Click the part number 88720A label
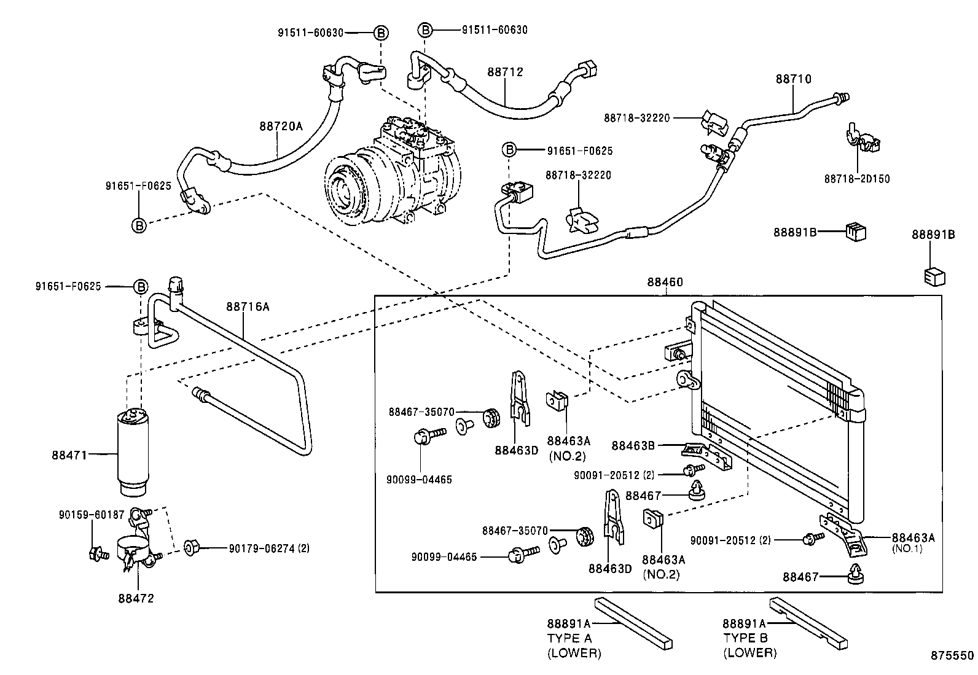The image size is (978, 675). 281,126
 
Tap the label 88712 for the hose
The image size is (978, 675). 505,72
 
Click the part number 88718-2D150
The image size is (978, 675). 856,179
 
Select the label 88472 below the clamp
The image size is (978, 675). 136,598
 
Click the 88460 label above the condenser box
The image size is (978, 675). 664,283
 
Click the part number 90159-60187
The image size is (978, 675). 92,515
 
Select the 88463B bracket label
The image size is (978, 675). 633,446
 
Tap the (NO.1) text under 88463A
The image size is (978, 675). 907,549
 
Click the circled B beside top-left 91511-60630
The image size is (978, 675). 380,33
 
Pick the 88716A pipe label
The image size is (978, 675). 248,306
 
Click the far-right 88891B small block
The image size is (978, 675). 933,277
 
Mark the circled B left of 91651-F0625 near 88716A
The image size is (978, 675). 141,287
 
